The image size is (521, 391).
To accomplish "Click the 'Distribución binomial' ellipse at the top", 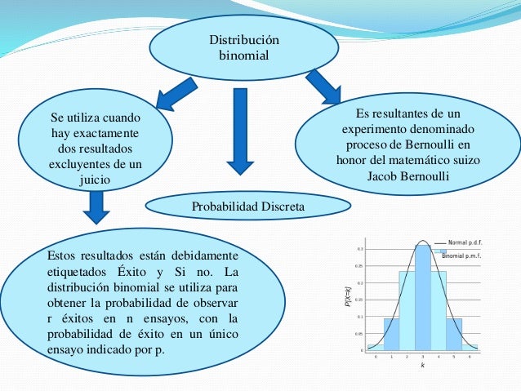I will coord(243,48).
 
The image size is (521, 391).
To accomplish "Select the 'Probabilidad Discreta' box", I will coord(247,207).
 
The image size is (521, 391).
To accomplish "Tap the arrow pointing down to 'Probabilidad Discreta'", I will coord(240,131).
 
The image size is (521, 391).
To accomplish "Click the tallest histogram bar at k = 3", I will coord(422,298).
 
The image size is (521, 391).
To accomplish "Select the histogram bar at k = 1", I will coord(391,334).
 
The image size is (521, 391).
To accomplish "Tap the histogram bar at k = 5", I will coord(453,334).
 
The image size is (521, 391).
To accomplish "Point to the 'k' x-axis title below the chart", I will coord(422,366).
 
